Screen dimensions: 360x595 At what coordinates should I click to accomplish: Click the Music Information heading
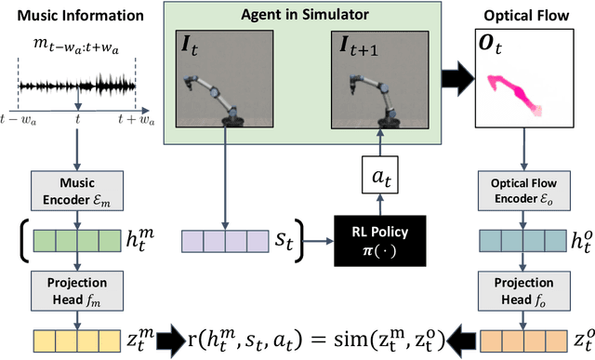69,16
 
